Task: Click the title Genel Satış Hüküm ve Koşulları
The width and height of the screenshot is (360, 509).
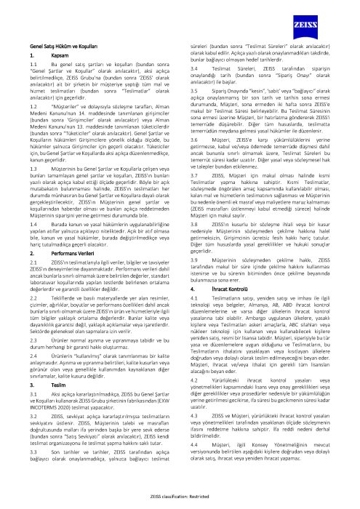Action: coord(59,46)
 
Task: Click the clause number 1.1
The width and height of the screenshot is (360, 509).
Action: coord(31,65)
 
